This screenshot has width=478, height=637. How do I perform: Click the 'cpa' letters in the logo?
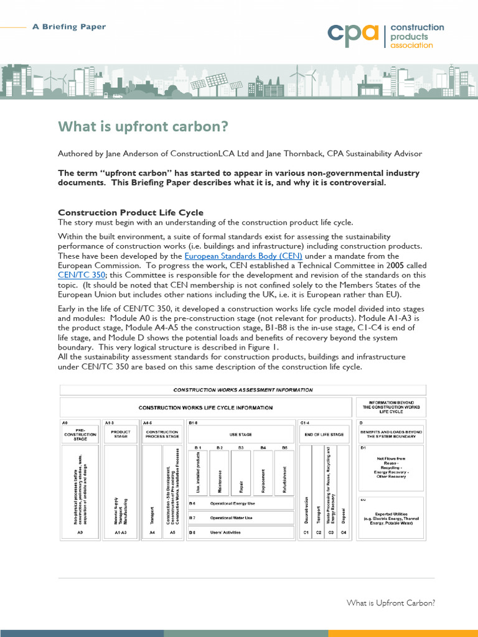[x=353, y=35]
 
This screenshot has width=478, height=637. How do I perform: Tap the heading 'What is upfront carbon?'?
[x=143, y=127]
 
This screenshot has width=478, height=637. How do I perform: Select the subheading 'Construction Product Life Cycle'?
[x=131, y=213]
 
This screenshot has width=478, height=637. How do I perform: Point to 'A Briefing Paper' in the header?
[x=68, y=27]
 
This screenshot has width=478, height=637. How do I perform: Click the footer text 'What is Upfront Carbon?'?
[x=390, y=603]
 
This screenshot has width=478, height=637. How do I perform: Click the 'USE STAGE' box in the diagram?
[x=241, y=434]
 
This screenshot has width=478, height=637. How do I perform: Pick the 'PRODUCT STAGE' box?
[x=119, y=434]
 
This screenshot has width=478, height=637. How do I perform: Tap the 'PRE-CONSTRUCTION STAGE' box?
[x=80, y=434]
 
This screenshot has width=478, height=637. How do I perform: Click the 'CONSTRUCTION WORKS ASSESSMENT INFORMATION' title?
[x=243, y=390]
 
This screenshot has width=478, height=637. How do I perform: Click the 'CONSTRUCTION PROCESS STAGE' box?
[x=162, y=434]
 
